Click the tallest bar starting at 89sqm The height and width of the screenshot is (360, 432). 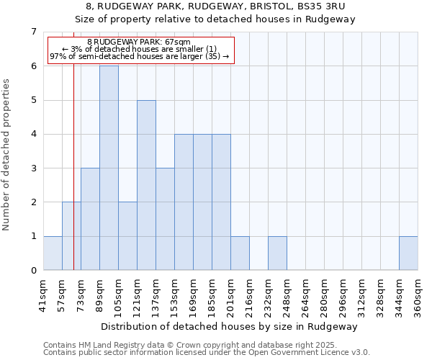click(109, 168)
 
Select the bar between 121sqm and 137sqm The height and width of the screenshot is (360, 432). click(146, 185)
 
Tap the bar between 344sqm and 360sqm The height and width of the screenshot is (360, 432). click(408, 253)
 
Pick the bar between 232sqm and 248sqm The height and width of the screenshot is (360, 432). click(277, 253)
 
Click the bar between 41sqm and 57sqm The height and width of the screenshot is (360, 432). click(53, 253)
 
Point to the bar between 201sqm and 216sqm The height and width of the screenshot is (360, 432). click(240, 253)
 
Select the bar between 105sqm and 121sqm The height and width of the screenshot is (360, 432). click(127, 236)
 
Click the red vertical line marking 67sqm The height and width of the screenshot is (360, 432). click(73, 180)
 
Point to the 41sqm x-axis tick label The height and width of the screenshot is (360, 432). click(43, 295)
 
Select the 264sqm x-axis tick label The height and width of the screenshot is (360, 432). click(305, 295)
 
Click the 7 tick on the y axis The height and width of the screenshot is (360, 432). click(33, 32)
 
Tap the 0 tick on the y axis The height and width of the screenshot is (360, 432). click(33, 271)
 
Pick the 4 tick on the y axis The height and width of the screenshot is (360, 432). click(33, 134)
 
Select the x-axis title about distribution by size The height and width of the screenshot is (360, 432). click(230, 326)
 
